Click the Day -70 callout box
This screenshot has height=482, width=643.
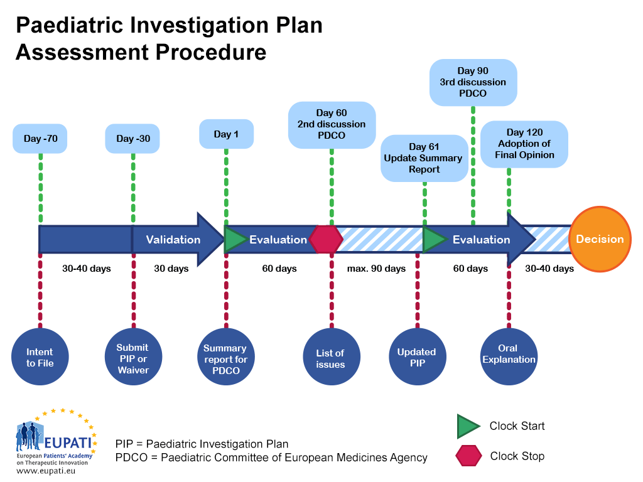click(x=40, y=139)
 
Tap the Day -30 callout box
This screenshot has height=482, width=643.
click(x=133, y=139)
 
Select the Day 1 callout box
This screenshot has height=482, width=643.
click(x=226, y=134)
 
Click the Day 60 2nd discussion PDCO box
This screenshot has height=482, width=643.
click(x=332, y=124)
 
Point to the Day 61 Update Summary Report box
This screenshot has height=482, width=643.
click(x=424, y=158)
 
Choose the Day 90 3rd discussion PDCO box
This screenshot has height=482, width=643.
click(x=473, y=82)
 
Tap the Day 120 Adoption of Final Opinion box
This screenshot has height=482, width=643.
click(x=524, y=144)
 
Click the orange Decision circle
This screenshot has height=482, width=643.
click(x=600, y=239)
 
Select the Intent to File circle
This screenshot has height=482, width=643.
click(x=40, y=357)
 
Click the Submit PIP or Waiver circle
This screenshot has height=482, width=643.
click(x=133, y=358)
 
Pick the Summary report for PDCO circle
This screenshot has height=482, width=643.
click(x=226, y=359)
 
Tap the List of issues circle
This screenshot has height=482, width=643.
click(x=331, y=358)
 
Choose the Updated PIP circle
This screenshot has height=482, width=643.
click(x=417, y=358)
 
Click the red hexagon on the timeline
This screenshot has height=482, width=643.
click(x=326, y=239)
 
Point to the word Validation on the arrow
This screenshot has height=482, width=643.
click(x=173, y=239)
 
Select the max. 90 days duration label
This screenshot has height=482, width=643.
click(x=377, y=269)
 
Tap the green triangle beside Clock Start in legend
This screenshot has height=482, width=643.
click(x=468, y=426)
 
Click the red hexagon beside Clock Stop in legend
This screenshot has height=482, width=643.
click(x=469, y=456)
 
